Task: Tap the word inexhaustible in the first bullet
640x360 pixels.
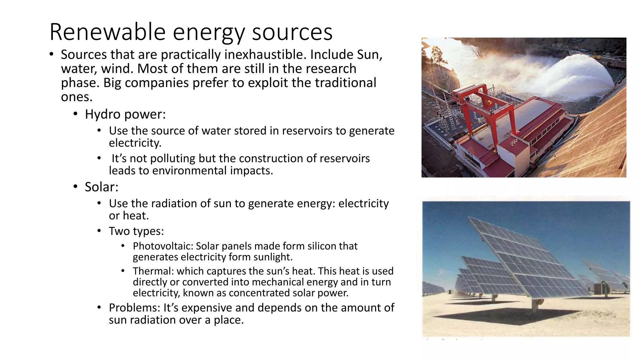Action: [x=263, y=55]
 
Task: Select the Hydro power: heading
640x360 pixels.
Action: [x=125, y=114]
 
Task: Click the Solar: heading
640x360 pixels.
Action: [x=102, y=187]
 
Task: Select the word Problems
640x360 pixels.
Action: [x=134, y=308]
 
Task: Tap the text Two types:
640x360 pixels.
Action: [x=136, y=231]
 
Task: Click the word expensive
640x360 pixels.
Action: [x=207, y=308]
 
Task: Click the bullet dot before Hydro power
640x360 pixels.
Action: [x=75, y=114]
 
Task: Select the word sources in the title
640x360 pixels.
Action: [x=292, y=32]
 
